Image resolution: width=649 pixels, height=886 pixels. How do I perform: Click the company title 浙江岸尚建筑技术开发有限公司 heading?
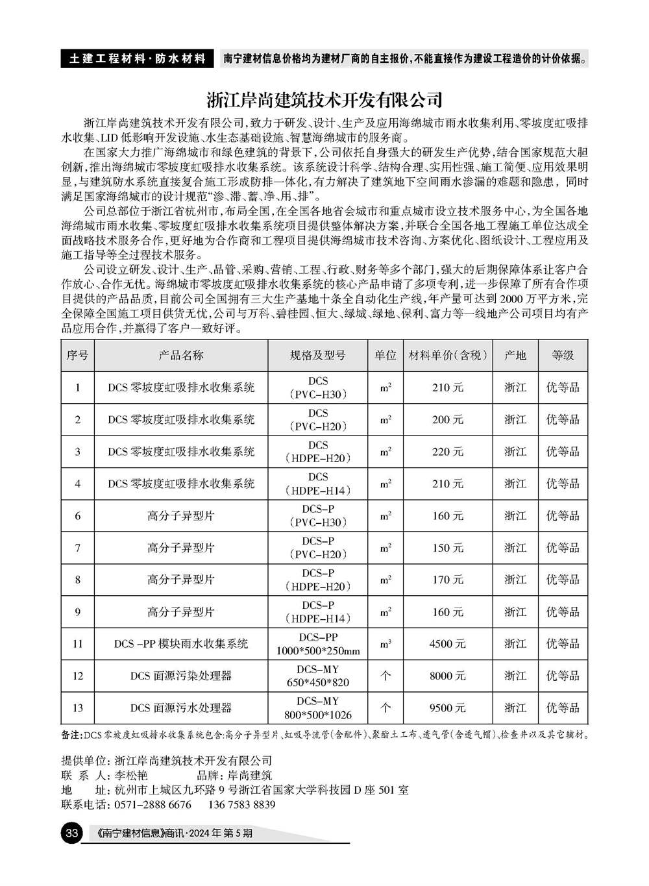click(324, 100)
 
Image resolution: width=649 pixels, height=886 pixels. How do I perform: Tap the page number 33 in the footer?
click(71, 833)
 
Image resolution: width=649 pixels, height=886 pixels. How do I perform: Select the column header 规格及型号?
click(318, 355)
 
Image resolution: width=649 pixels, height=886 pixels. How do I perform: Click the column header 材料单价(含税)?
click(448, 355)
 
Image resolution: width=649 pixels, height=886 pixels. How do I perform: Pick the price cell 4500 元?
click(448, 644)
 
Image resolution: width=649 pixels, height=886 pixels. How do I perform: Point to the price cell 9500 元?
click(448, 708)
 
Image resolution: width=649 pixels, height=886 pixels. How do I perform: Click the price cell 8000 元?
click(448, 676)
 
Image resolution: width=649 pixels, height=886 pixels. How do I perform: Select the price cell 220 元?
click(448, 452)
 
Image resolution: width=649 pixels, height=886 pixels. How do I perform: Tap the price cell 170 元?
click(448, 580)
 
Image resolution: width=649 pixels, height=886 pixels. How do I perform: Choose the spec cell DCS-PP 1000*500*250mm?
click(318, 644)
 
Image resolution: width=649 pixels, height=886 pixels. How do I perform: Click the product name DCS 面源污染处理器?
click(181, 676)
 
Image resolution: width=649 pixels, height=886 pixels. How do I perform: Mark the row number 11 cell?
click(78, 644)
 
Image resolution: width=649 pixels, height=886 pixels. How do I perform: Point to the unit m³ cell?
click(386, 644)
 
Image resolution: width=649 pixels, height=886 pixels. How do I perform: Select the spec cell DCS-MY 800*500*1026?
click(318, 708)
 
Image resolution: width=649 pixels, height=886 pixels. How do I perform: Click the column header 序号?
click(78, 355)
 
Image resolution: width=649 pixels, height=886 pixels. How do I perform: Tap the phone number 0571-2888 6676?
click(153, 805)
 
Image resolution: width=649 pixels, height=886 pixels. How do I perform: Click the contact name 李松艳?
click(131, 775)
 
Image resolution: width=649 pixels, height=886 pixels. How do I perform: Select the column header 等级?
click(563, 355)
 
